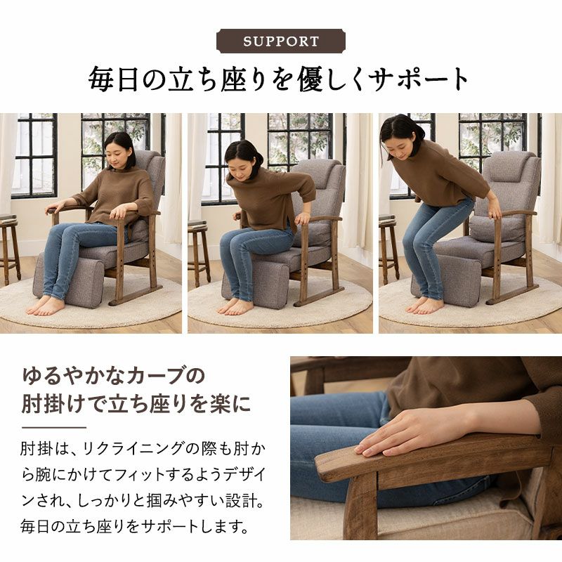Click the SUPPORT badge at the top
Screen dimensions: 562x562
point(280,41)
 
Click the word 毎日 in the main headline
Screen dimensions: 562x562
point(113,79)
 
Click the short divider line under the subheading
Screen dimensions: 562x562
point(54,427)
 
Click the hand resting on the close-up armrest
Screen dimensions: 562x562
point(412,432)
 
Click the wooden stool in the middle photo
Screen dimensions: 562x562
point(198,251)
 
